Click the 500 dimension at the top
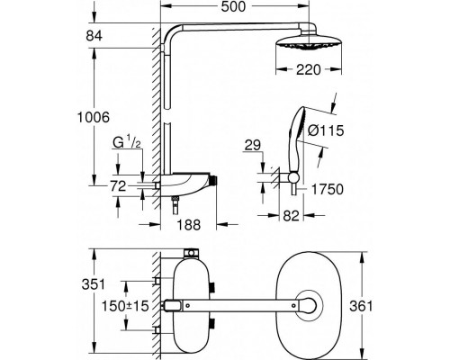233,6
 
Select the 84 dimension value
94,36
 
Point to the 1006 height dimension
94,117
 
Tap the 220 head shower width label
309,70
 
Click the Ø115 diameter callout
326,130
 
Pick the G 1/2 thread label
126,143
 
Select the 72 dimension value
118,186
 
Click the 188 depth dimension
188,225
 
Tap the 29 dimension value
253,146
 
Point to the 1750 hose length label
328,189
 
